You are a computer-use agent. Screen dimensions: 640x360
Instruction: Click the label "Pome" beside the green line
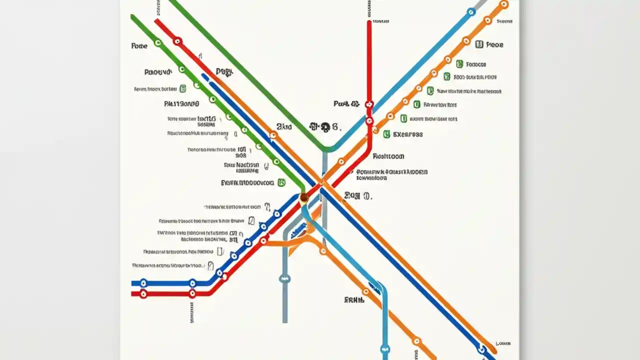pos(139,45)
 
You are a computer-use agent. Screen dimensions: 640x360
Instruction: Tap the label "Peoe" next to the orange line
pos(494,44)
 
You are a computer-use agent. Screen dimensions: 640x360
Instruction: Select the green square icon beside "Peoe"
pos(479,44)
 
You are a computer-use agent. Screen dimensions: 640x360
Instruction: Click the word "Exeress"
pos(408,134)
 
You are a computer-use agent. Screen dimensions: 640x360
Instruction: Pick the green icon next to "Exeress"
pos(386,134)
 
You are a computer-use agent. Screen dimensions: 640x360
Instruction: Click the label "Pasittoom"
pos(388,156)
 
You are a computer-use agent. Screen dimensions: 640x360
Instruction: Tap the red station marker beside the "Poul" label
pos(369,104)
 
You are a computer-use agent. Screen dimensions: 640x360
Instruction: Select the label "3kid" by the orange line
pos(283,127)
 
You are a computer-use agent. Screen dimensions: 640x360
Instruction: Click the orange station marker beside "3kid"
pos(273,135)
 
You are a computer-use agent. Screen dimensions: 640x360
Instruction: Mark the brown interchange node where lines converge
pos(304,197)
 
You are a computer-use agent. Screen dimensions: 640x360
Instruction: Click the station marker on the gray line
pos(285,278)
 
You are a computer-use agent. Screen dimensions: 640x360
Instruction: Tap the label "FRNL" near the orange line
pos(353,300)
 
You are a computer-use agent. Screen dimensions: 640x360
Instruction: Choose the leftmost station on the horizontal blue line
pos(143,282)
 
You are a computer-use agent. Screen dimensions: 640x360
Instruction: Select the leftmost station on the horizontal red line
pos(143,294)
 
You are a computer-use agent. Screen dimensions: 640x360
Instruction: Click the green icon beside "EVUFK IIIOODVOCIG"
pos(281,183)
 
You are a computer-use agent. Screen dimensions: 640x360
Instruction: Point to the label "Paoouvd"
pos(157,72)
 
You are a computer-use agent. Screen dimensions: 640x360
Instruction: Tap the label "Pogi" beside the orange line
pos(224,72)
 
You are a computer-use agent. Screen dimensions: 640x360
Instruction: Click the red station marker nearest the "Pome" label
pos(177,41)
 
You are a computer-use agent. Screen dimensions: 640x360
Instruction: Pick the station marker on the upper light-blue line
pos(470,12)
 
